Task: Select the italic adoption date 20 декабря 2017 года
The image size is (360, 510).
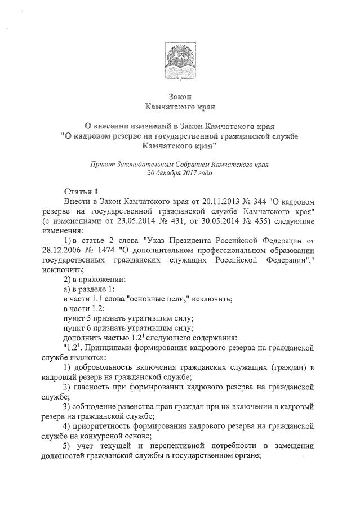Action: (179, 174)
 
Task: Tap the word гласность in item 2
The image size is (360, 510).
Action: (99, 388)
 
